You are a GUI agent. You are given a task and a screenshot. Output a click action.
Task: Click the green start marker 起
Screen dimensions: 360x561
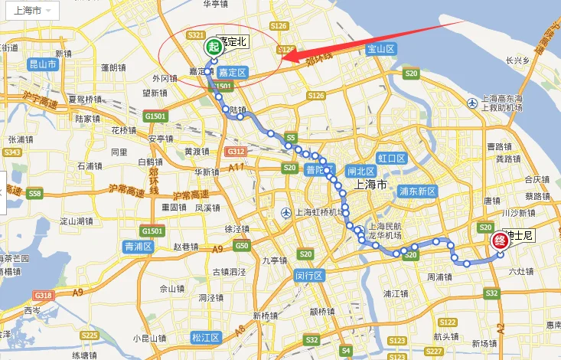tap(213, 47)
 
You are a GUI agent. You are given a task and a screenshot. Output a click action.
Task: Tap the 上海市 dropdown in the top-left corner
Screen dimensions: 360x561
tap(29, 11)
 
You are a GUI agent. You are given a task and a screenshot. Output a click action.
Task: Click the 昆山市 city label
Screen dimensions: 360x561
tap(42, 65)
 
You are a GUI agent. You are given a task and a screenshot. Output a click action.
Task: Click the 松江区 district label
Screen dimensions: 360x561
tap(205, 338)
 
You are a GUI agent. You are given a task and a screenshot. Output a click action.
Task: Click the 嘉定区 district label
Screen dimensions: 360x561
tap(231, 72)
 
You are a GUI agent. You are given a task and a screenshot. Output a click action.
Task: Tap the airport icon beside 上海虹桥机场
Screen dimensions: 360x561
tap(285, 212)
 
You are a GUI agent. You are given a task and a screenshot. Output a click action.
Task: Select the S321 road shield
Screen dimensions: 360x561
tap(195, 37)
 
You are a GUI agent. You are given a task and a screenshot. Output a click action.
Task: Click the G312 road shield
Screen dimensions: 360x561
tap(236, 152)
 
